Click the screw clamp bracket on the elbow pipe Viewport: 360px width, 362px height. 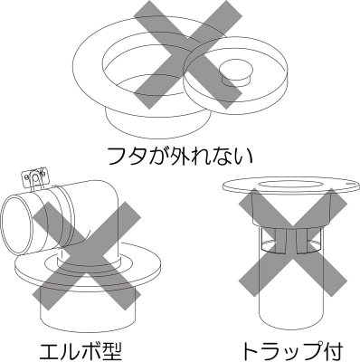37,175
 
